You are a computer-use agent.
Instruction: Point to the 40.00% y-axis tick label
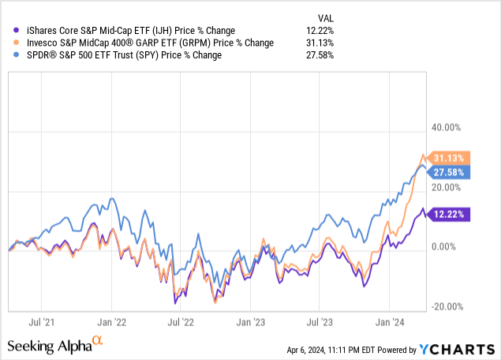[x=444, y=127]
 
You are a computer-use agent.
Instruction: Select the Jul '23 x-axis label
[x=320, y=322]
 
